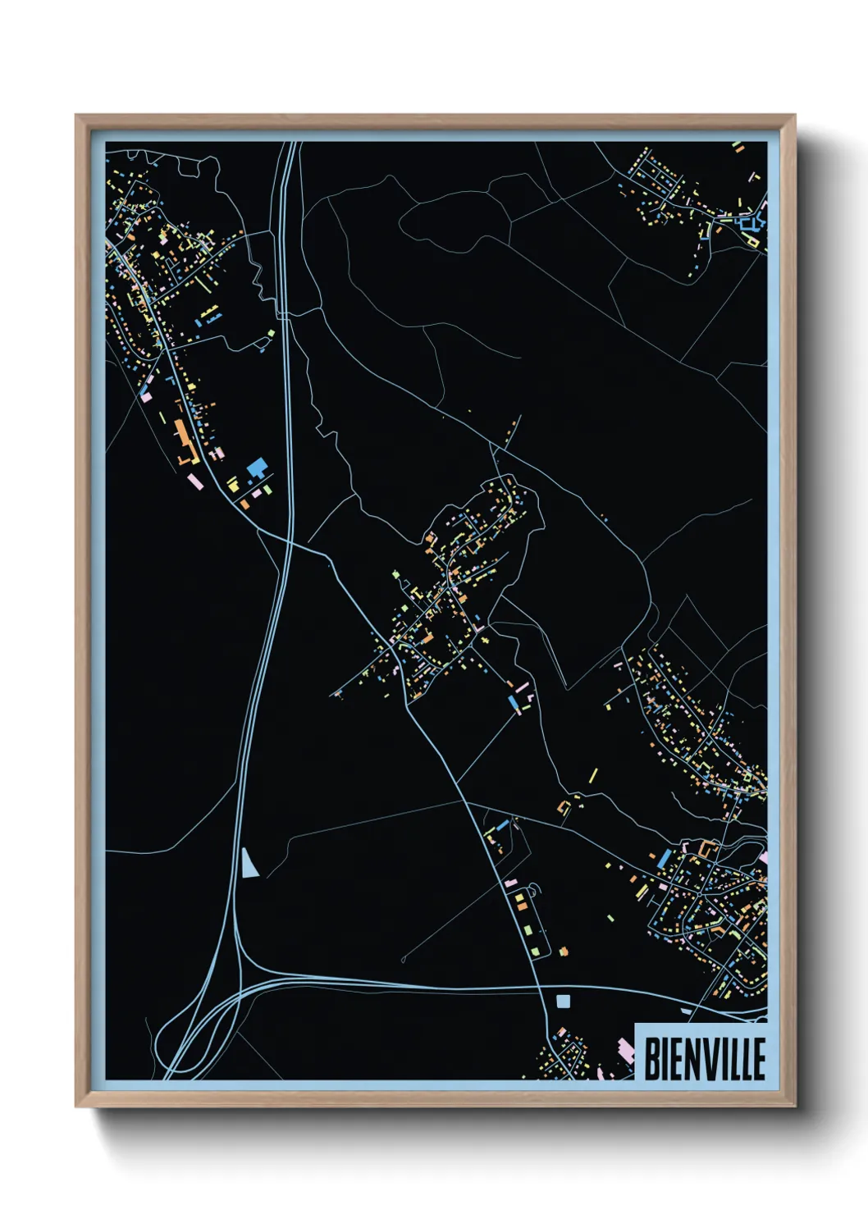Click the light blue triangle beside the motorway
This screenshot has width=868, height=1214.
point(249,864)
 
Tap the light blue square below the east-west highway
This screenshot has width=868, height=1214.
point(562,1001)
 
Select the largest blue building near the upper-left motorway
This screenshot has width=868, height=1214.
point(257,468)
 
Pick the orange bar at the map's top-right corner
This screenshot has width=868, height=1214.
point(737,148)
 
